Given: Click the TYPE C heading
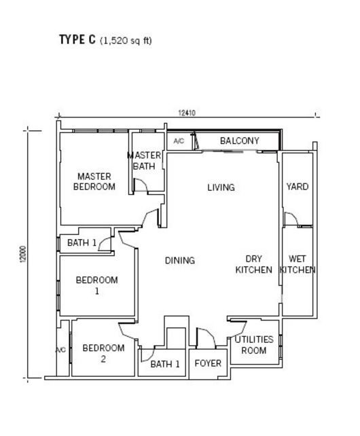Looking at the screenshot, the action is pyautogui.click(x=77, y=39).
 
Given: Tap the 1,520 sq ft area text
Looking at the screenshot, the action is pyautogui.click(x=126, y=41).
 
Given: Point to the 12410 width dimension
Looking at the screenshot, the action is pyautogui.click(x=187, y=113).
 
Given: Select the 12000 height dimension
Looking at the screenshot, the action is pyautogui.click(x=23, y=254).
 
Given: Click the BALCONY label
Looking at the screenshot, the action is pyautogui.click(x=240, y=141).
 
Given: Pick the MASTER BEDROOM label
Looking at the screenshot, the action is pyautogui.click(x=94, y=181).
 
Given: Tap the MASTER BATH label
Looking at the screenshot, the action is pyautogui.click(x=144, y=161).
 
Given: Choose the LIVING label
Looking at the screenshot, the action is pyautogui.click(x=221, y=187).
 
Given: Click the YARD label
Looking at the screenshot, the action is pyautogui.click(x=298, y=186).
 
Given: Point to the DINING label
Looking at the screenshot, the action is pyautogui.click(x=180, y=261).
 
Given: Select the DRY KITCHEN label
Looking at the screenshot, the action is pyautogui.click(x=254, y=264).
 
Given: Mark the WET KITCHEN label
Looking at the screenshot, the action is pyautogui.click(x=298, y=264).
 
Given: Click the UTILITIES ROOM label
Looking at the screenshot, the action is pyautogui.click(x=254, y=345).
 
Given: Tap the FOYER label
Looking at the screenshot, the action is pyautogui.click(x=208, y=363).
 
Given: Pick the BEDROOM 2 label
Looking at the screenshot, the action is pyautogui.click(x=103, y=353).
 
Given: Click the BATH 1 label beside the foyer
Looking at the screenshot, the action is pyautogui.click(x=165, y=364).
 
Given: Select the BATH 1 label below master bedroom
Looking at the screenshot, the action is pyautogui.click(x=82, y=242).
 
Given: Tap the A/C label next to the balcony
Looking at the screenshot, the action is pyautogui.click(x=179, y=141).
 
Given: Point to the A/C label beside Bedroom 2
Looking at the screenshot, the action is pyautogui.click(x=61, y=350).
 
